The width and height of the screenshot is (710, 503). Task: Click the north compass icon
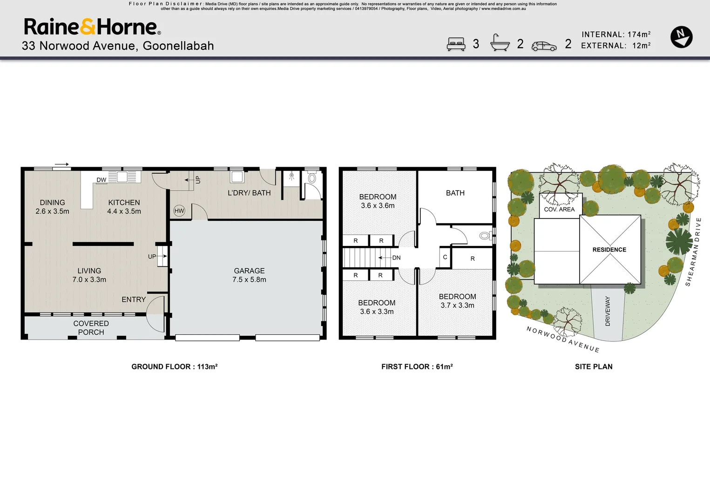click(x=681, y=37)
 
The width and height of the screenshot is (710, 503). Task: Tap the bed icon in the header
click(x=456, y=44)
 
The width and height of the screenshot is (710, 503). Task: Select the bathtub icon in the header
click(x=500, y=43)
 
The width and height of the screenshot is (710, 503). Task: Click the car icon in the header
click(x=544, y=46)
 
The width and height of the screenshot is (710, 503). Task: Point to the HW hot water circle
click(x=179, y=211)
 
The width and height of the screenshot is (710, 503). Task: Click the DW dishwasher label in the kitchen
click(x=101, y=180)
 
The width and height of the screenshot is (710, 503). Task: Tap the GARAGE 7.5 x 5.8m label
click(x=249, y=275)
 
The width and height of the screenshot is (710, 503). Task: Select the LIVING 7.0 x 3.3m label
click(x=89, y=275)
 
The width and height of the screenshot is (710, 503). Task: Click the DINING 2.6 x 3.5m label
click(x=52, y=207)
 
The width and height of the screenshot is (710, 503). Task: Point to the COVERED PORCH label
click(x=91, y=327)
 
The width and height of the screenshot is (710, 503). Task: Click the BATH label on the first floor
click(x=455, y=193)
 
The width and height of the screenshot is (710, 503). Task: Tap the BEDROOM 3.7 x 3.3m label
click(x=457, y=301)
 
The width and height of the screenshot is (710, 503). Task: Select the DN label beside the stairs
click(x=396, y=258)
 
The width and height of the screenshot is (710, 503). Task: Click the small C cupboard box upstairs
click(x=445, y=257)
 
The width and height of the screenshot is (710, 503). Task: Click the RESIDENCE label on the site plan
click(x=609, y=250)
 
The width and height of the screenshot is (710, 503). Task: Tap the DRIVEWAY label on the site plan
click(x=607, y=311)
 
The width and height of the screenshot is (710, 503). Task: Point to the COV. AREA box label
click(x=559, y=209)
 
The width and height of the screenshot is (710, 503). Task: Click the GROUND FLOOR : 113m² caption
click(x=174, y=367)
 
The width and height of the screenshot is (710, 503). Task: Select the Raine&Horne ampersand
click(x=88, y=27)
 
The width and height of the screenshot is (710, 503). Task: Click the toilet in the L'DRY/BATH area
click(x=312, y=178)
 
